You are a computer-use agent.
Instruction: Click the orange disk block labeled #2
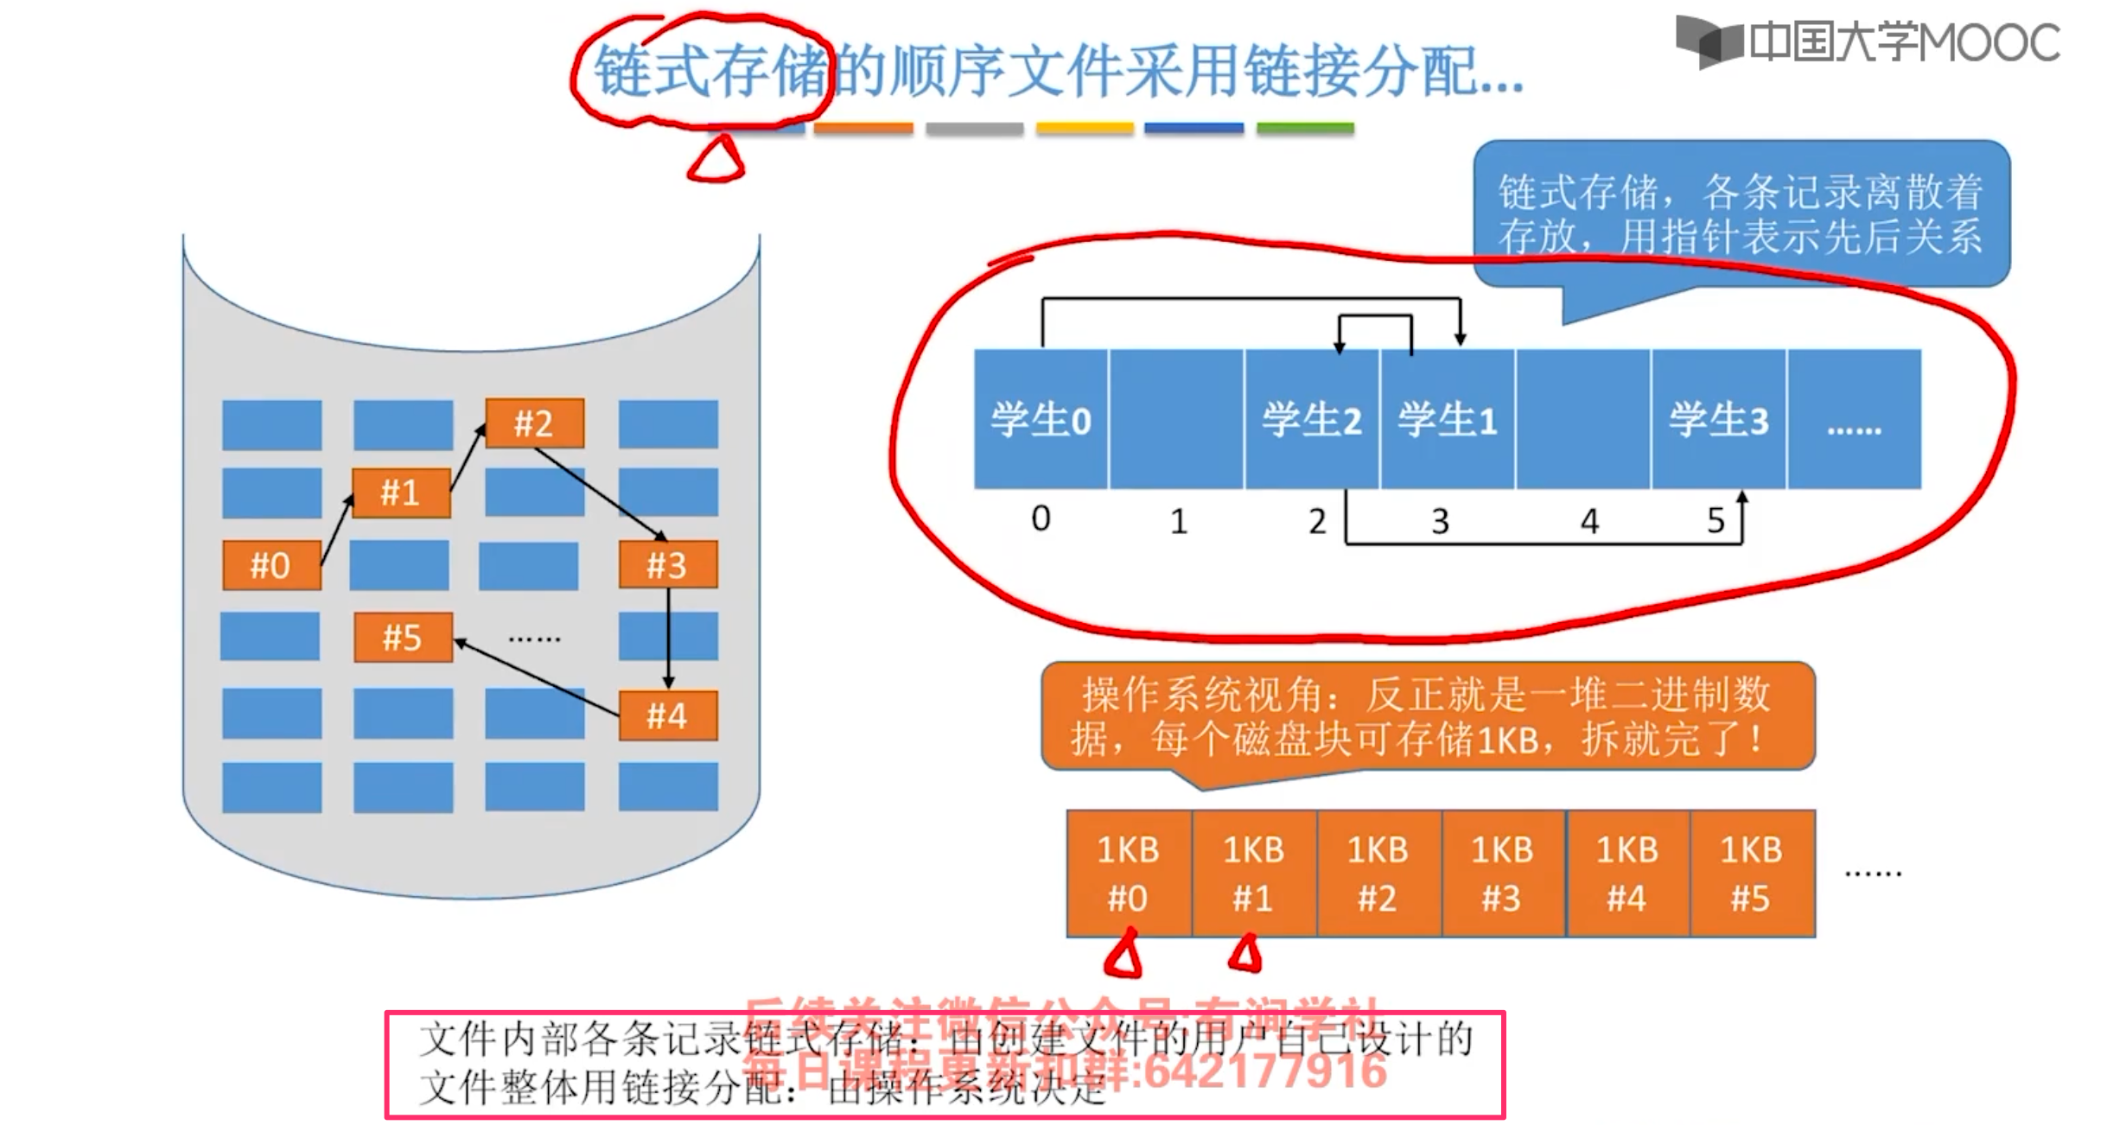[x=534, y=423]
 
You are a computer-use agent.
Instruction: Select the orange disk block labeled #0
[x=271, y=565]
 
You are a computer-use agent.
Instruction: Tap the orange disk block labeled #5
[x=403, y=638]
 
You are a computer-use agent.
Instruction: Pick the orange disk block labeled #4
[x=667, y=715]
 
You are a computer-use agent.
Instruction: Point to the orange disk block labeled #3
[x=667, y=565]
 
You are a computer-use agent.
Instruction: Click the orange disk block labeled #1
[x=401, y=493]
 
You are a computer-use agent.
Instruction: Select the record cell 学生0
[x=1041, y=420]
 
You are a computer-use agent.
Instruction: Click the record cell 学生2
[x=1311, y=420]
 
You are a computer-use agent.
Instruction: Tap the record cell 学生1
[x=1447, y=420]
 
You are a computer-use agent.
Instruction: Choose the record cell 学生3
[x=1718, y=420]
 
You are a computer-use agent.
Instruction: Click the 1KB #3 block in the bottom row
[x=1502, y=874]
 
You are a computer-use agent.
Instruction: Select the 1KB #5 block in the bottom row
[x=1751, y=874]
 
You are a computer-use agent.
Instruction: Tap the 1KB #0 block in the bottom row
[x=1129, y=874]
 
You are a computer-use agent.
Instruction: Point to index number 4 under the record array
[x=1589, y=521]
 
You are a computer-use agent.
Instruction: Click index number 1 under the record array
[x=1179, y=521]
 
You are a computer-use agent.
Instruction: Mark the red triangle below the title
[x=716, y=161]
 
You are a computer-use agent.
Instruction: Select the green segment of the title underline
[x=1305, y=129]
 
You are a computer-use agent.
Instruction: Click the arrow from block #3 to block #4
[x=668, y=639]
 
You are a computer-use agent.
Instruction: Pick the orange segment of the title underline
[x=863, y=129]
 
